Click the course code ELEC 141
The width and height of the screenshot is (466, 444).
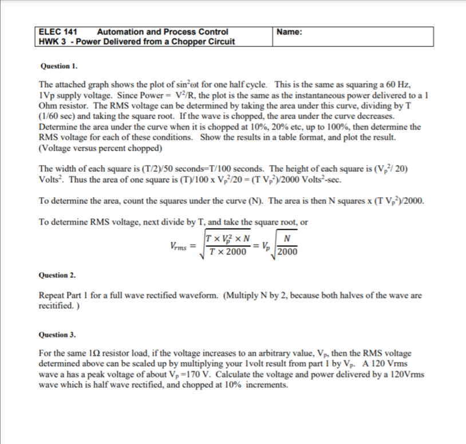click(57, 32)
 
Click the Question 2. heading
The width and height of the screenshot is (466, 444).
click(57, 275)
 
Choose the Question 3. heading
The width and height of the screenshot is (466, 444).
click(57, 335)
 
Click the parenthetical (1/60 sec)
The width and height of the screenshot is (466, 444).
click(63, 117)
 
